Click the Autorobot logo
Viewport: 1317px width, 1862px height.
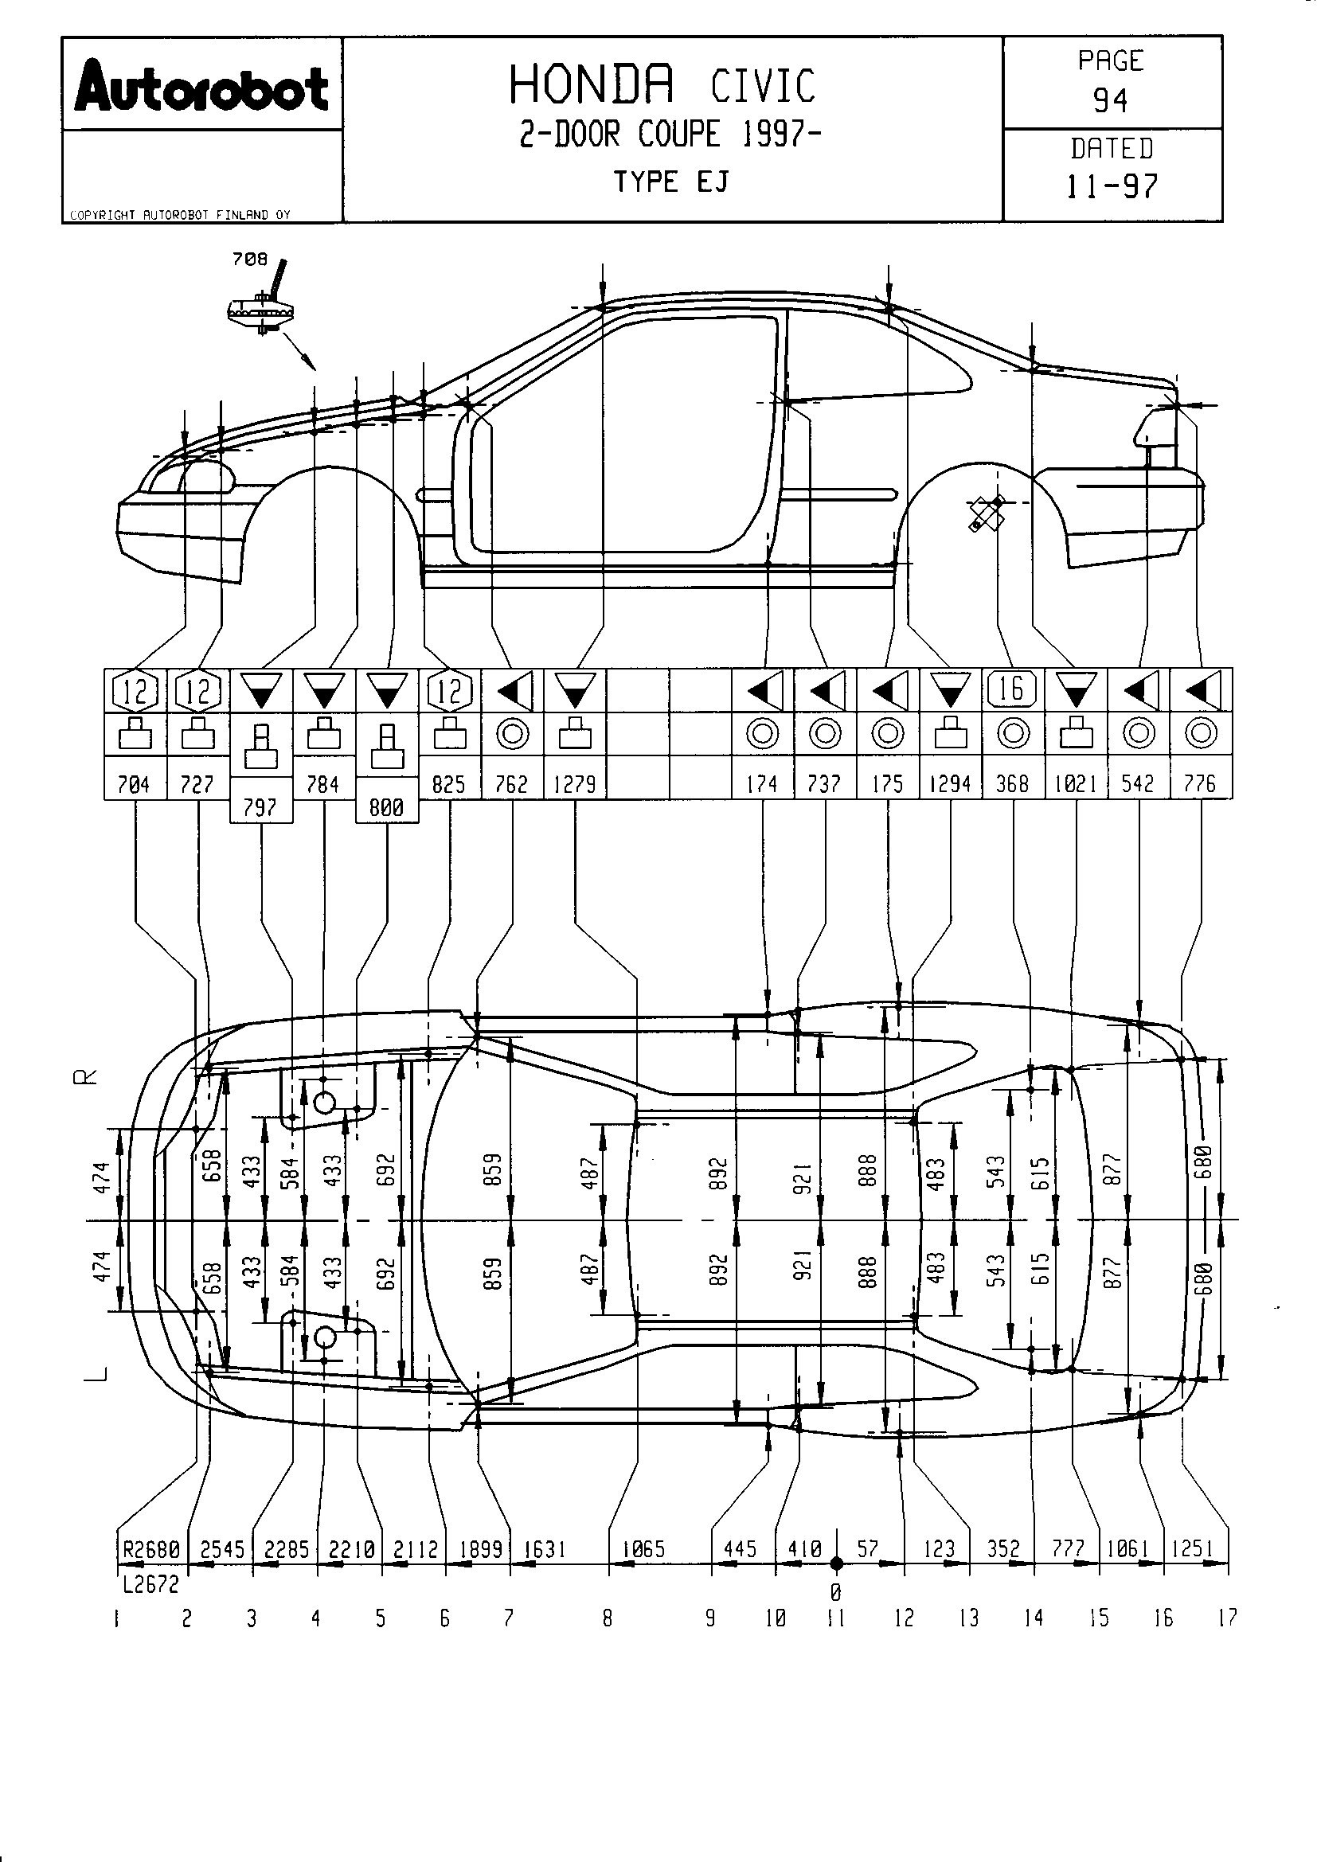click(201, 86)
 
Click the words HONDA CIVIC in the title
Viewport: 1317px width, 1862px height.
click(662, 84)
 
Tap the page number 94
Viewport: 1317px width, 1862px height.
click(1110, 100)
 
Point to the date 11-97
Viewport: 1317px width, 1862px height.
click(1111, 186)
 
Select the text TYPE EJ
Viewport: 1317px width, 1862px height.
click(670, 182)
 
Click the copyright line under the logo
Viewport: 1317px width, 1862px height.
click(180, 215)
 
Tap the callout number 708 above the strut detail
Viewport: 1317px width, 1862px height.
click(249, 259)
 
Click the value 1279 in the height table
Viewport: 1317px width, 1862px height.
click(574, 783)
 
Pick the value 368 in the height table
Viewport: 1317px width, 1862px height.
click(1012, 783)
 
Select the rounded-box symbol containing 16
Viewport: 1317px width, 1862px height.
click(1012, 689)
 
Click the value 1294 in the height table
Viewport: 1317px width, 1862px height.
click(950, 783)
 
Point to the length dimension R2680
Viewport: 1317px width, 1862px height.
click(151, 1549)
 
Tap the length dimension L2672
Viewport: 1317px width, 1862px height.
click(150, 1584)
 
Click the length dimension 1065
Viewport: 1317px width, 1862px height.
click(643, 1549)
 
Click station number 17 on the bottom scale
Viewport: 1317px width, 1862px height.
click(1228, 1618)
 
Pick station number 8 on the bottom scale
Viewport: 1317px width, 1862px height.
click(608, 1618)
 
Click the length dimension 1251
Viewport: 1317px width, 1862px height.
click(1193, 1549)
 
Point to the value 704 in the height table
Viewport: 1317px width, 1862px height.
click(134, 783)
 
